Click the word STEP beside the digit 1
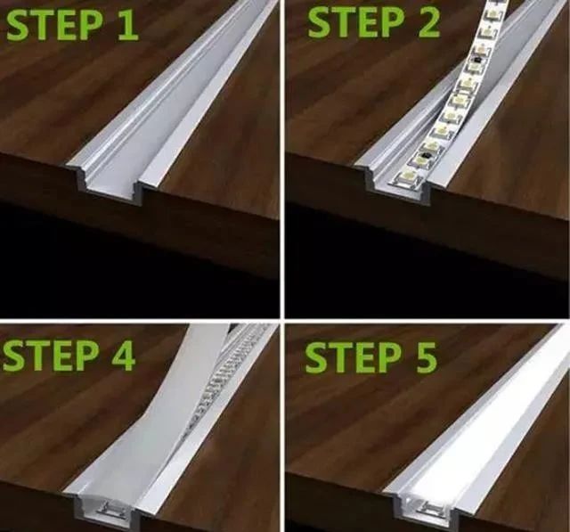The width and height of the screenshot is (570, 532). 53,24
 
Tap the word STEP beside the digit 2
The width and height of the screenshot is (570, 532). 355,22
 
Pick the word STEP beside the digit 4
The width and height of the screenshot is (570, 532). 51,356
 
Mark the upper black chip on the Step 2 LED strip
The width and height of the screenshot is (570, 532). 476,58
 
